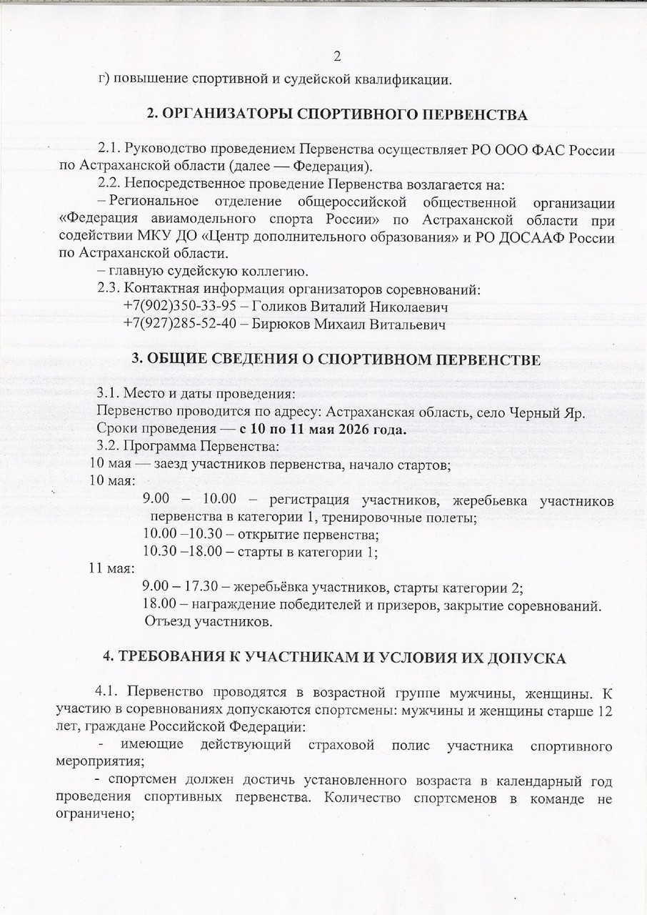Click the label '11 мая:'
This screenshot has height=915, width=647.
[111, 569]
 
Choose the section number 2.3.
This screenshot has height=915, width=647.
[109, 290]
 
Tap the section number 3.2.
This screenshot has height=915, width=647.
[109, 447]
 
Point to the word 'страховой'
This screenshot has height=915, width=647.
[346, 746]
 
